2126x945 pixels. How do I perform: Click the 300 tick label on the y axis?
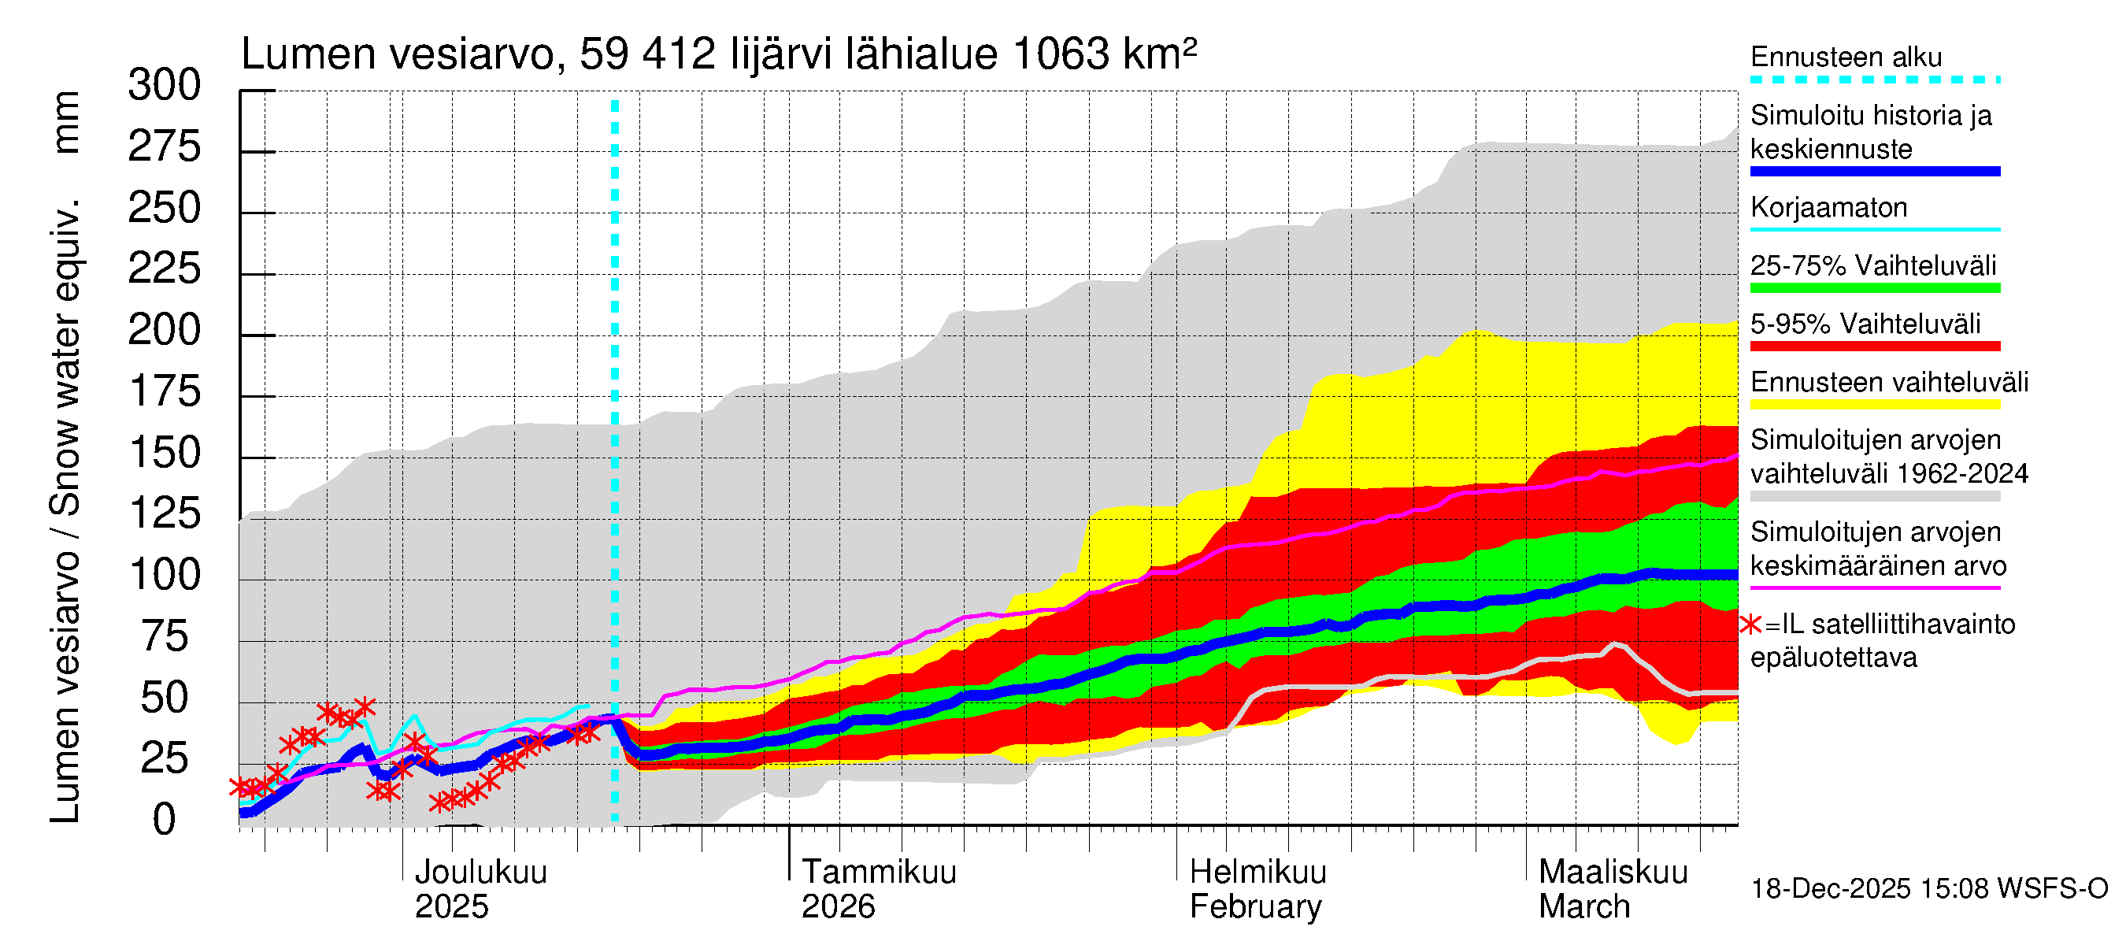pos(165,86)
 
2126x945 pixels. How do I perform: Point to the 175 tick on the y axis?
pos(165,392)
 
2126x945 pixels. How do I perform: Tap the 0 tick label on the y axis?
pos(165,820)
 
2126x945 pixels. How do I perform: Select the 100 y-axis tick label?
pos(165,575)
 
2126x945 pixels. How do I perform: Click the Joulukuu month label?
pos(480,872)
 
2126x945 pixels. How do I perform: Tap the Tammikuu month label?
pos(879,872)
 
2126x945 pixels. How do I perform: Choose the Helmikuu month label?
pos(1257,872)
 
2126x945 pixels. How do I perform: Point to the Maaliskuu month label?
pos(1613,872)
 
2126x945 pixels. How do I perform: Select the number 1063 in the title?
pos(1061,54)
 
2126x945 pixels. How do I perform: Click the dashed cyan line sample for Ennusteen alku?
pos(1874,80)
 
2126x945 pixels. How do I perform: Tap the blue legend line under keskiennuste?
pos(1874,172)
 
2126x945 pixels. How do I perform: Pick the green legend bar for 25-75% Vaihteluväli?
pos(1874,288)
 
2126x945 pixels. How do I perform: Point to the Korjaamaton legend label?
pos(1829,207)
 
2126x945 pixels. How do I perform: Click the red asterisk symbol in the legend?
pos(1750,624)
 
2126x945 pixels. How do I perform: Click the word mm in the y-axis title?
pos(65,122)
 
